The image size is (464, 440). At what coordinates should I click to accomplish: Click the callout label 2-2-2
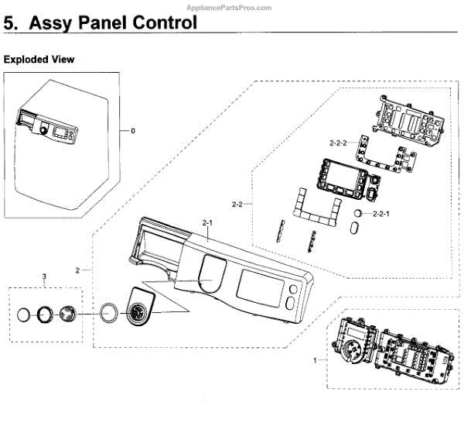339,143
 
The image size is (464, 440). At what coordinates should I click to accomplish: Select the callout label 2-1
207,222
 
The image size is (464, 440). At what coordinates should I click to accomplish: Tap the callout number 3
44,277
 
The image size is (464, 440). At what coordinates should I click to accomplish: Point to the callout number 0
132,131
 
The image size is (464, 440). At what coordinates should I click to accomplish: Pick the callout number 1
315,360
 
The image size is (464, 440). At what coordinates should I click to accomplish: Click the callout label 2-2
237,205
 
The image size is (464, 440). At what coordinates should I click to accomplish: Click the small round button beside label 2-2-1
357,212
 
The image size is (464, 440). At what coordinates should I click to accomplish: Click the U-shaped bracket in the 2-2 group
317,208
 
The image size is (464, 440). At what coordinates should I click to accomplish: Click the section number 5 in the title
10,22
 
